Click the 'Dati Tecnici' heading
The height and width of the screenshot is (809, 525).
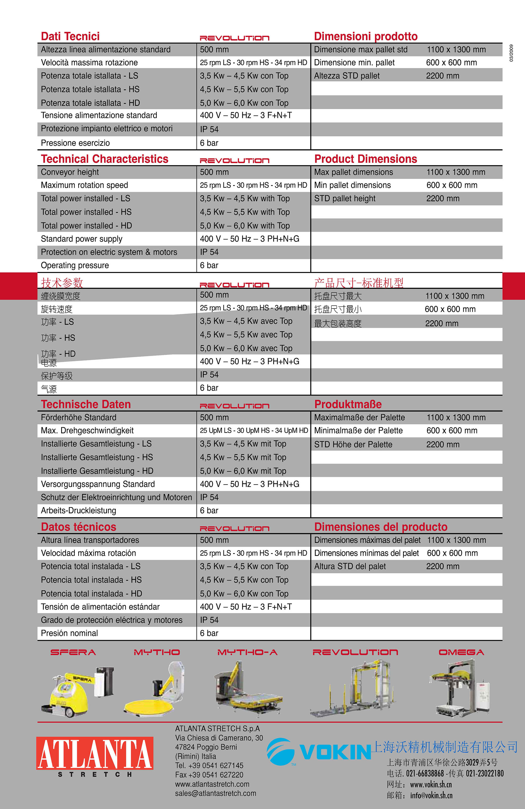pyautogui.click(x=70, y=36)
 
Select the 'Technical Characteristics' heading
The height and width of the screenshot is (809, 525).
pyautogui.click(x=104, y=159)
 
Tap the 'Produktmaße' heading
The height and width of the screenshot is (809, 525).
pyautogui.click(x=348, y=404)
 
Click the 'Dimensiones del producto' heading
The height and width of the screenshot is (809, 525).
pyautogui.click(x=381, y=527)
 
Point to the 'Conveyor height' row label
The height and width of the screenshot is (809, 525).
pyautogui.click(x=70, y=172)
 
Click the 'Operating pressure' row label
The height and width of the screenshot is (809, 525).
pyautogui.click(x=75, y=265)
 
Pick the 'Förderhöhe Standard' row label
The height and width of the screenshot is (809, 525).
pyautogui.click(x=78, y=418)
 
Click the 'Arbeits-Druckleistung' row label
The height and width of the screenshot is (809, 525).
pyautogui.click(x=78, y=511)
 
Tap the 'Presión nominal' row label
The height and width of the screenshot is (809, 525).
pyautogui.click(x=69, y=633)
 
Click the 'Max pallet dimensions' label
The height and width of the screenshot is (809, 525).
pyautogui.click(x=354, y=172)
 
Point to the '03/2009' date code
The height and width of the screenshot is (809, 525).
pyautogui.click(x=511, y=53)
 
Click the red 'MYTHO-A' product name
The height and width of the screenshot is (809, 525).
pyautogui.click(x=247, y=652)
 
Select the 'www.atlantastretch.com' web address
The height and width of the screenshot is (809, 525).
pyautogui.click(x=212, y=784)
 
